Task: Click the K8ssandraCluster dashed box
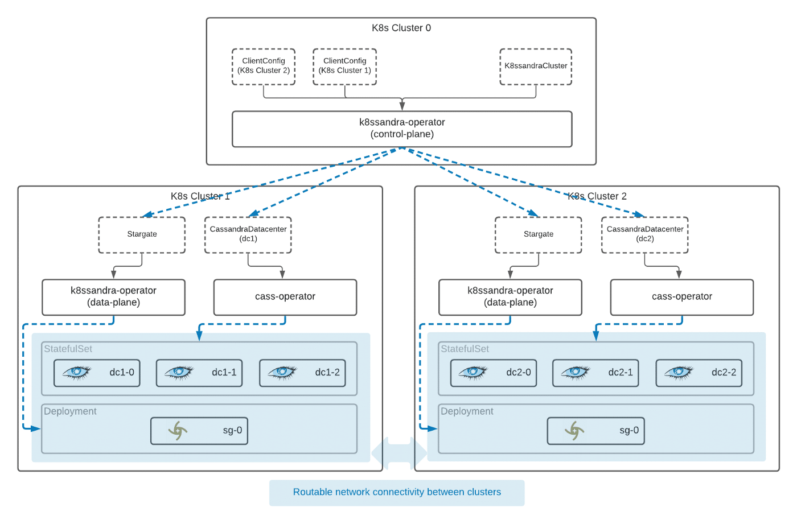[x=536, y=67]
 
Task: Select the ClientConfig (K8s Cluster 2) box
[x=264, y=67]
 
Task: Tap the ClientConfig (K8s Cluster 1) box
[x=344, y=67]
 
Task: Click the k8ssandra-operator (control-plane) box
[x=402, y=129]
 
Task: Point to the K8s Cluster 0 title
[x=401, y=28]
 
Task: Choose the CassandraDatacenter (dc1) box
[x=248, y=234]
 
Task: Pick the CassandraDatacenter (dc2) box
[x=644, y=234]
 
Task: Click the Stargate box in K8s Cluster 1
[x=142, y=234]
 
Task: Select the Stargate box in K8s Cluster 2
[x=539, y=234]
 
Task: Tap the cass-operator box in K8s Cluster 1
[x=285, y=297]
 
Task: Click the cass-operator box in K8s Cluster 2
[x=681, y=297]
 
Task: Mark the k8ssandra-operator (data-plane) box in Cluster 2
[x=510, y=297]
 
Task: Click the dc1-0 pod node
[x=97, y=373]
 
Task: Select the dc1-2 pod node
[x=302, y=373]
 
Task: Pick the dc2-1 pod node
[x=595, y=373]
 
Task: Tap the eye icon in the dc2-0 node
[x=473, y=373]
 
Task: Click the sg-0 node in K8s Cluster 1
[x=199, y=431]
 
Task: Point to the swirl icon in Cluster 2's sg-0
[x=574, y=431]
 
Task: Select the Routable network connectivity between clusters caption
[x=397, y=492]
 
